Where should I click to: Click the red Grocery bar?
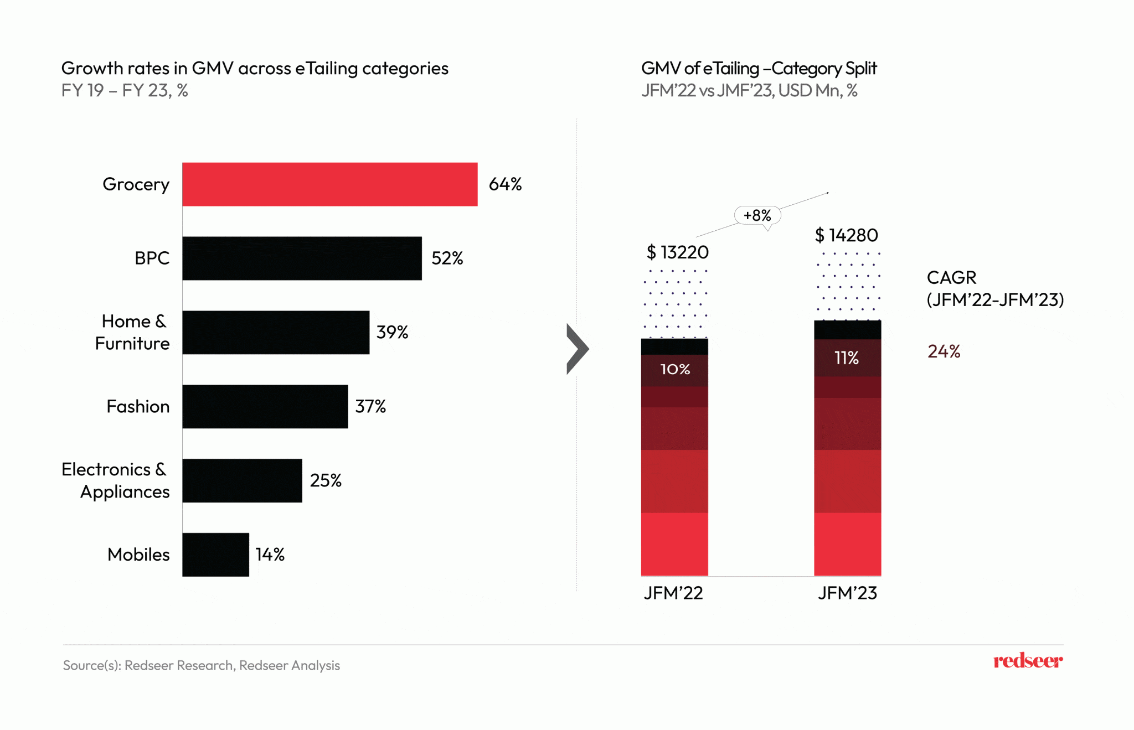(x=329, y=184)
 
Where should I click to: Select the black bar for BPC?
(x=302, y=258)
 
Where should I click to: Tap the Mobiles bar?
(x=215, y=555)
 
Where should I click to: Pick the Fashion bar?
(x=265, y=407)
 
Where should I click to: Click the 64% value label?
(x=505, y=184)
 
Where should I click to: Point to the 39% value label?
(x=392, y=333)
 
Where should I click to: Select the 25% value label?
(x=326, y=480)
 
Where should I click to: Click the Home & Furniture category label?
(x=132, y=333)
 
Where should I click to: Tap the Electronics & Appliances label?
(x=115, y=480)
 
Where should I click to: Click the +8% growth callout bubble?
(x=757, y=215)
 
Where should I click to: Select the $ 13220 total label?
(x=677, y=252)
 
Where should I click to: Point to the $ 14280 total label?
(x=846, y=236)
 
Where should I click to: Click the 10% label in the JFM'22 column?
(x=675, y=369)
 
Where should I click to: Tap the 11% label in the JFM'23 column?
(x=847, y=358)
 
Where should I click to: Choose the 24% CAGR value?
(x=944, y=351)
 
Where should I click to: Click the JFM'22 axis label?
(x=673, y=593)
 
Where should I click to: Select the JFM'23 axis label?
(x=847, y=593)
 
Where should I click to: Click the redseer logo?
(x=1028, y=661)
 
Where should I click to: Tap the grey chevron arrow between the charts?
(x=578, y=349)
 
